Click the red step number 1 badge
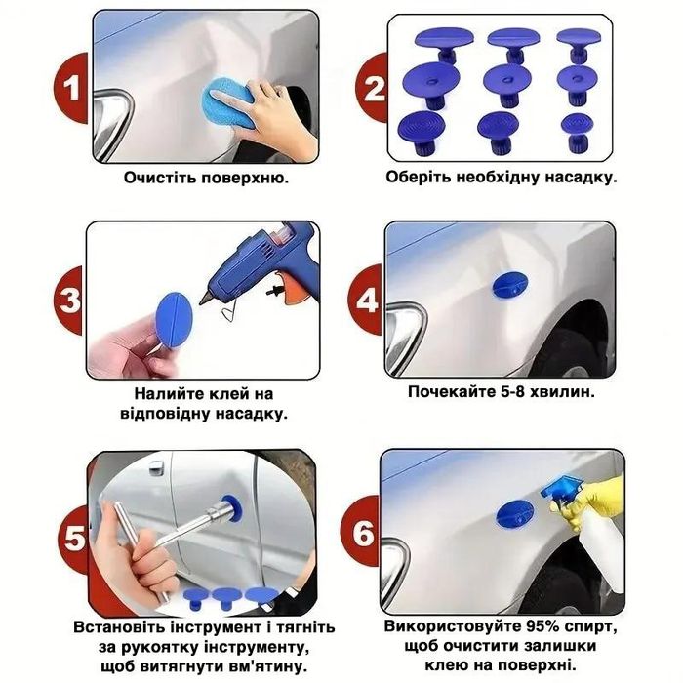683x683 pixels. [x=72, y=88]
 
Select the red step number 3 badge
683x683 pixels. [x=69, y=301]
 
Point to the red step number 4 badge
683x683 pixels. [x=365, y=300]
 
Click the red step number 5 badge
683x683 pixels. [x=74, y=539]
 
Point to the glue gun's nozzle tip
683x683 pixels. [x=202, y=301]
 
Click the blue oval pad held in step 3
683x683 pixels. [x=174, y=319]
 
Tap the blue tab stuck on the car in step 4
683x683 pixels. [x=510, y=285]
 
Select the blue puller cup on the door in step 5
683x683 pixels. [x=232, y=508]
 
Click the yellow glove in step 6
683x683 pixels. [x=588, y=501]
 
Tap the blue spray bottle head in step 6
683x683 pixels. [x=561, y=489]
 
